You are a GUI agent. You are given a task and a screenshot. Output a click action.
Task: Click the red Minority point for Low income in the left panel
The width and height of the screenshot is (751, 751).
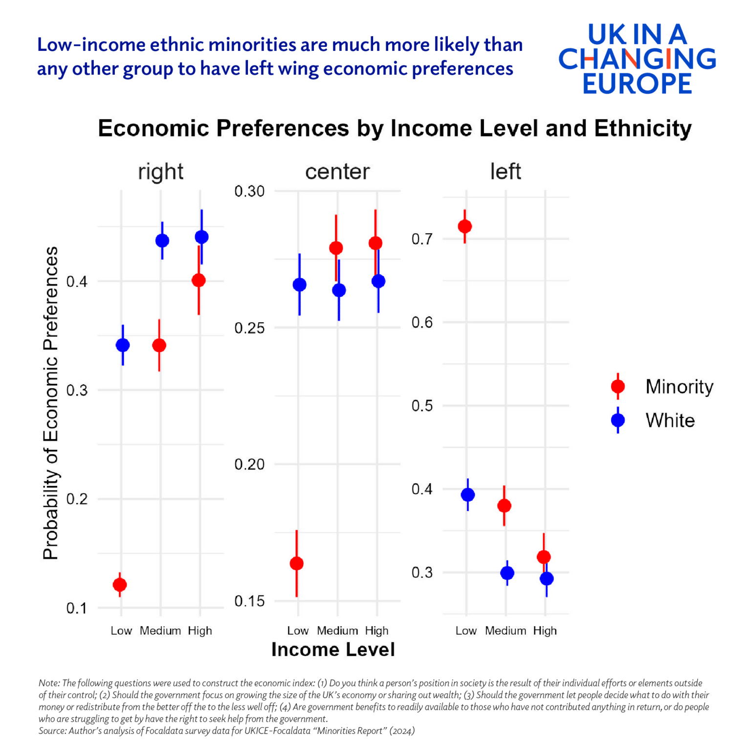(464, 226)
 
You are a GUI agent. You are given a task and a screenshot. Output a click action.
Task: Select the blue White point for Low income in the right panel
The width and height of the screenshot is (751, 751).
(123, 345)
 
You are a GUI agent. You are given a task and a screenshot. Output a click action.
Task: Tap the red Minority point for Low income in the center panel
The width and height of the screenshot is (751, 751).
(297, 563)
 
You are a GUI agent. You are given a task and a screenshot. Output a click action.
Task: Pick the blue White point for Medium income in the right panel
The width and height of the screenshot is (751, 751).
(162, 241)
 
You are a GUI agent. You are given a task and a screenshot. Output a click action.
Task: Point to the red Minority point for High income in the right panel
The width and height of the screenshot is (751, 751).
(199, 280)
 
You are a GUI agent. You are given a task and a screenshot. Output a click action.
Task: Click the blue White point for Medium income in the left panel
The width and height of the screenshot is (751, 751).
(508, 573)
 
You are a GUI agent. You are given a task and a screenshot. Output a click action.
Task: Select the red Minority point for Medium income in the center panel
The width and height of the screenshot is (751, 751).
(336, 248)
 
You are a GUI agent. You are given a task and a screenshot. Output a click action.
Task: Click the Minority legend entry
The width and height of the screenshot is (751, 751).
(679, 386)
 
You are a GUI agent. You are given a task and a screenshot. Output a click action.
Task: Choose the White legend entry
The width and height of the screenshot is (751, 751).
(670, 420)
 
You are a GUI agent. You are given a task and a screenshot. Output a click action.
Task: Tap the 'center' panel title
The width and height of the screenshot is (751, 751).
(337, 172)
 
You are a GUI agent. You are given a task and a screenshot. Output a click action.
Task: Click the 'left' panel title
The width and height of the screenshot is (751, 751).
(506, 172)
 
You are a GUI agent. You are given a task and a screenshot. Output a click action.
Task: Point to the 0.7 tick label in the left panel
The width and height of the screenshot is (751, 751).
(422, 239)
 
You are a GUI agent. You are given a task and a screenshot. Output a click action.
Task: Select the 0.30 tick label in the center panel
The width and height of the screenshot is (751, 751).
(249, 191)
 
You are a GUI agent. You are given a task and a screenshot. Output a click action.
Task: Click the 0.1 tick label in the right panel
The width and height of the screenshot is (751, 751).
(77, 608)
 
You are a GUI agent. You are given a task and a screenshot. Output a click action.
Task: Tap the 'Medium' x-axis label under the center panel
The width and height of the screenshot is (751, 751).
(337, 631)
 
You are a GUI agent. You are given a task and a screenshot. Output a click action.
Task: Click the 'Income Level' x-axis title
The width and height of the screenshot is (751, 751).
(333, 649)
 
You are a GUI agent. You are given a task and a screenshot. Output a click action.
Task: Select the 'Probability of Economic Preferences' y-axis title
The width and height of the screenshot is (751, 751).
(50, 403)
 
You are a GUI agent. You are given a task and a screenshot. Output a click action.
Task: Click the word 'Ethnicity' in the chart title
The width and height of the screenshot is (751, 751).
(643, 129)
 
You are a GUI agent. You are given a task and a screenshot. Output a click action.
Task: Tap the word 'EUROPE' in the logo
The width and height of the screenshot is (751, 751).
(637, 84)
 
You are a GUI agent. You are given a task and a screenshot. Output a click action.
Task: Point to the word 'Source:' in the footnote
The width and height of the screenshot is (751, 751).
(53, 731)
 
